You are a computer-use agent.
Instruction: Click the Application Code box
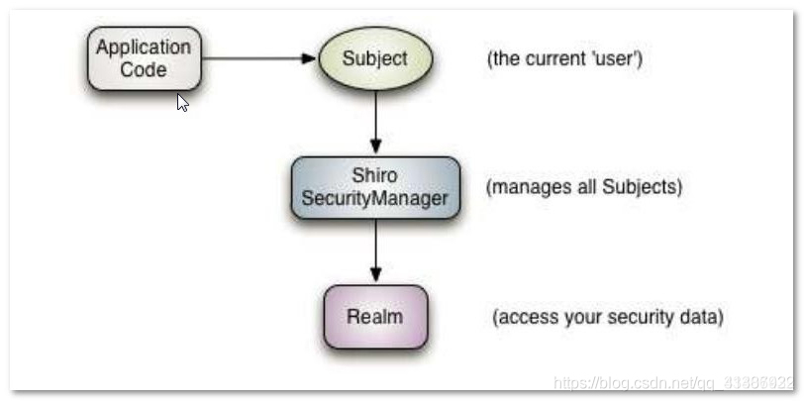[x=144, y=58]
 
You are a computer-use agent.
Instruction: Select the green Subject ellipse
[x=374, y=57]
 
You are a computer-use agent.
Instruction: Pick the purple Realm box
[x=374, y=317]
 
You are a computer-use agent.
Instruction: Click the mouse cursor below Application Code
[x=182, y=102]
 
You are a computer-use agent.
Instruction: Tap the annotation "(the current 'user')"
[x=564, y=58]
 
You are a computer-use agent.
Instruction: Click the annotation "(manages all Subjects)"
[x=583, y=186]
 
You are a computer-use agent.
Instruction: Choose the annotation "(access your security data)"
[x=608, y=318]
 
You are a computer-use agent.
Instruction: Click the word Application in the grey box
[x=144, y=48]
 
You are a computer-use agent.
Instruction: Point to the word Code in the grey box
[x=144, y=69]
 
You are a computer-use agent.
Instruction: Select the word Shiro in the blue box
[x=374, y=176]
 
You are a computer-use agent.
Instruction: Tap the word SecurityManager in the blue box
[x=374, y=198]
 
